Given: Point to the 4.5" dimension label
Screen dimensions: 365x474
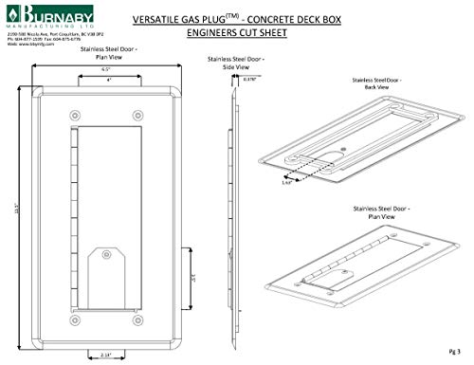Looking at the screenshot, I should coord(108,69).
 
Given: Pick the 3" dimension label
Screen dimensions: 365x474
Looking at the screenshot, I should coord(193,279).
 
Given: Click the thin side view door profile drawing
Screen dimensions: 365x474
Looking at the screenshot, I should coord(230,209).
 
